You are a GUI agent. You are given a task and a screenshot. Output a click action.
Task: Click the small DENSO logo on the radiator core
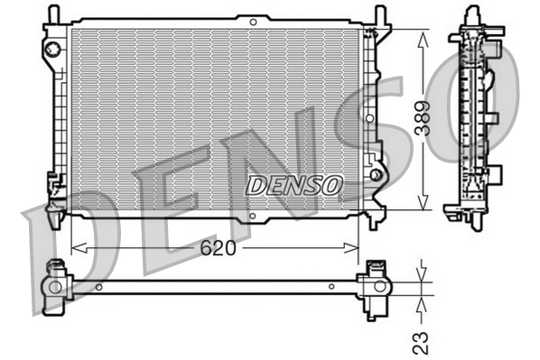[x=294, y=185]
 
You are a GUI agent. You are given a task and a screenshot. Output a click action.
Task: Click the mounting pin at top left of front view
[x=52, y=14]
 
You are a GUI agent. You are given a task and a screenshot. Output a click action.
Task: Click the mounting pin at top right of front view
[x=380, y=14]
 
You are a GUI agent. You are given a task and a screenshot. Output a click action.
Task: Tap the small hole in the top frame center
[x=252, y=21]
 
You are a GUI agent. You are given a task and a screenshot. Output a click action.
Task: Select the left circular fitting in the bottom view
[x=56, y=287]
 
